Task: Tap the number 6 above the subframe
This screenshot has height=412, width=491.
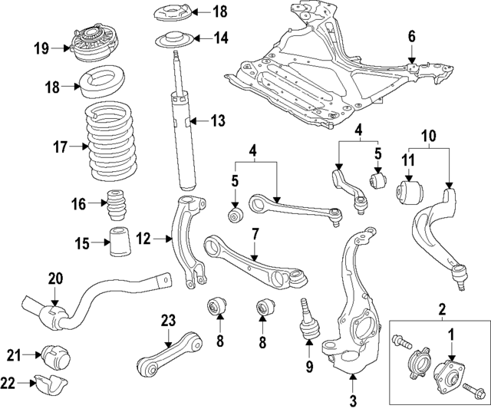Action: point(411,35)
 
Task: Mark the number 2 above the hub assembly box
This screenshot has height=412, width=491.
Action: point(442,309)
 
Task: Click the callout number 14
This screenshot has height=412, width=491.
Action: point(220,38)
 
